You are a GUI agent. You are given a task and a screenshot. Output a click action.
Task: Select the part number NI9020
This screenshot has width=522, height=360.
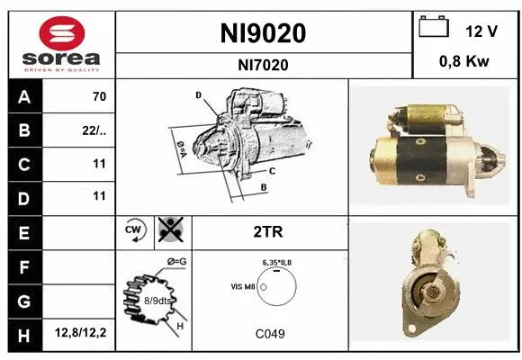point(263,33)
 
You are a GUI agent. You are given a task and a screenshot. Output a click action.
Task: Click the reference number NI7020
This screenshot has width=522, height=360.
point(263,64)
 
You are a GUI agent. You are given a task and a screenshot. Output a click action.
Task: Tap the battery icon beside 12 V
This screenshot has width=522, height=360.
point(434,28)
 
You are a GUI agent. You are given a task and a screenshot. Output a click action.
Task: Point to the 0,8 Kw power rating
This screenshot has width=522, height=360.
point(463,63)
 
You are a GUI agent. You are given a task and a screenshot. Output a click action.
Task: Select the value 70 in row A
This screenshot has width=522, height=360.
point(99,96)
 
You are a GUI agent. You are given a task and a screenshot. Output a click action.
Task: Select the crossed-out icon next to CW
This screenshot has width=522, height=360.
point(169,231)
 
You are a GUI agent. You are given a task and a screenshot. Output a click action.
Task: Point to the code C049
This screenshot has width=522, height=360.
point(270,334)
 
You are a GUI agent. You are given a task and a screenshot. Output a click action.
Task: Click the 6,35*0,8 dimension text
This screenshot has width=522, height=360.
point(277,261)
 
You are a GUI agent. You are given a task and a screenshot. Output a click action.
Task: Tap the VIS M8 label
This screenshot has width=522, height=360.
point(244,286)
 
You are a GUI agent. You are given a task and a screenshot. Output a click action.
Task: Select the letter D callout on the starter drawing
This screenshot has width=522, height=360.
point(198,94)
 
